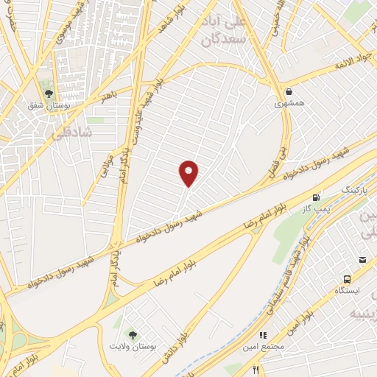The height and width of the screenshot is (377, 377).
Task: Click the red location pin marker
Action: [x=189, y=173]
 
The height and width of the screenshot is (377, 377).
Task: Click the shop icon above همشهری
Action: [x=289, y=93]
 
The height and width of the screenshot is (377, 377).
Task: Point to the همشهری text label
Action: [x=289, y=104]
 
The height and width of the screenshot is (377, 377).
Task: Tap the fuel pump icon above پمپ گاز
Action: [x=316, y=197]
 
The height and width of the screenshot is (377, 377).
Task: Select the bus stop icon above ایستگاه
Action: [x=347, y=279]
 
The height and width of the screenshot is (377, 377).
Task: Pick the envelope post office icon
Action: [x=363, y=260]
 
